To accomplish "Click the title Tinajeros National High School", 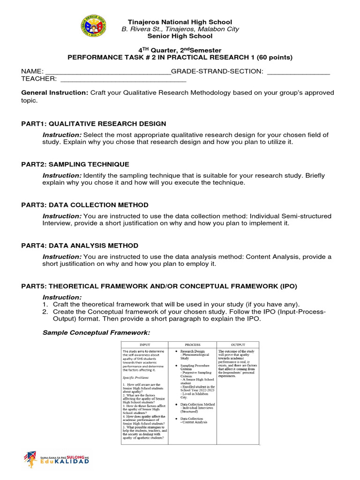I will [180, 22].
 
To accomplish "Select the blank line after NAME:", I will [107, 71].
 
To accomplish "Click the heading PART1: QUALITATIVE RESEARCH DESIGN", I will [94, 124].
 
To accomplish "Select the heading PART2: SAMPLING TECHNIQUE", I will [75, 165].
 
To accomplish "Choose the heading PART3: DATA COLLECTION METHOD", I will [85, 205].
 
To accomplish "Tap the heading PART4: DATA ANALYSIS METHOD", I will [80, 246].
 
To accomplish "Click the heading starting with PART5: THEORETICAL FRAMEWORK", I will [159, 286].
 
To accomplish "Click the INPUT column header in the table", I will [144, 345].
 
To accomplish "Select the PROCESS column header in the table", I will [192, 345].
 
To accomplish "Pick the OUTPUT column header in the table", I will [238, 345].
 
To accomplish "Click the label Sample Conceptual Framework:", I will [96, 332].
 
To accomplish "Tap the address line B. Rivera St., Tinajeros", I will [180, 29].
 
